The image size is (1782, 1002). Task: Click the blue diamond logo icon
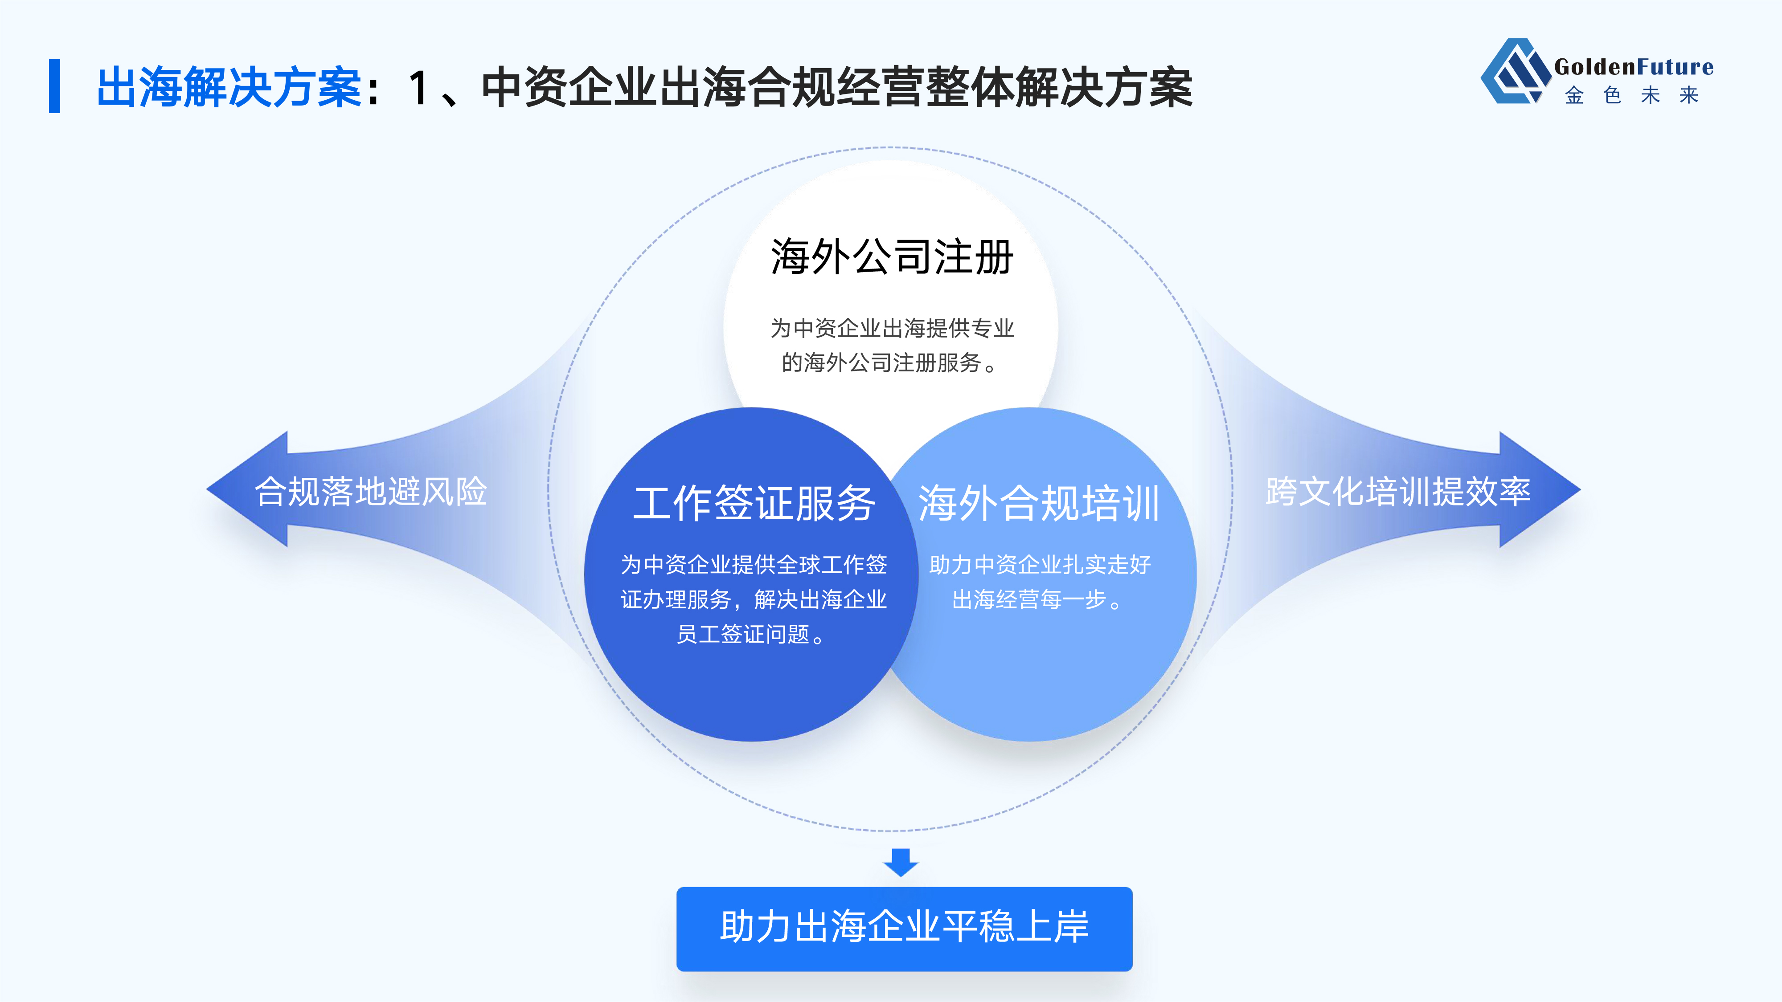pyautogui.click(x=1515, y=71)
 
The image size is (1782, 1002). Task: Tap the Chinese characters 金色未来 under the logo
pyautogui.click(x=1632, y=95)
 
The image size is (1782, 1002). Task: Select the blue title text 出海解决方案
pyautogui.click(x=229, y=88)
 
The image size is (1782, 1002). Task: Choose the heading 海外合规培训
pyautogui.click(x=1039, y=503)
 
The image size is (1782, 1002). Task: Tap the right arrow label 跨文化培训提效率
pyautogui.click(x=1398, y=492)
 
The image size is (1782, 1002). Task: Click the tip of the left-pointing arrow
pyautogui.click(x=207, y=489)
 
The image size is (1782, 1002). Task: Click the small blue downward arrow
pyautogui.click(x=901, y=862)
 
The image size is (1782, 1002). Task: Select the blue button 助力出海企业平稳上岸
pyautogui.click(x=904, y=929)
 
